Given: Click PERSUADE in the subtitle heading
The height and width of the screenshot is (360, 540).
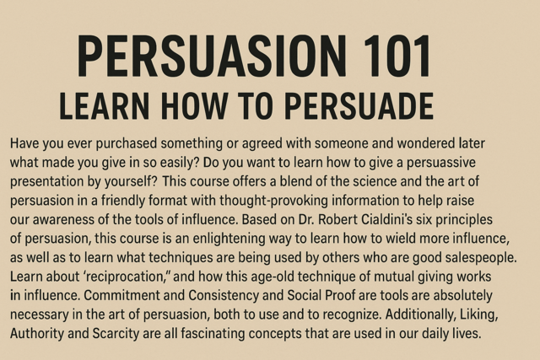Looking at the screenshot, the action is point(359,106).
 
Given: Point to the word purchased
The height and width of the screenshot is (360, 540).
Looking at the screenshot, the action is point(127,143).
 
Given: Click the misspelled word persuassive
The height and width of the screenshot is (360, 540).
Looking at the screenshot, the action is point(441,163).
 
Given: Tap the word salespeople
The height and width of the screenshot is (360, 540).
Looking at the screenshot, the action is point(481,258).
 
